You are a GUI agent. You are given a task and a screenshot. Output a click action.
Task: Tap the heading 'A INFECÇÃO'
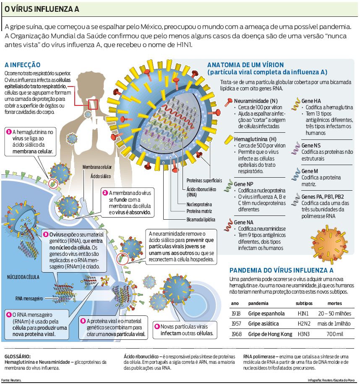[x=22, y=65]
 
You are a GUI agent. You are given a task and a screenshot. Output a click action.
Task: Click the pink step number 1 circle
[x=8, y=132]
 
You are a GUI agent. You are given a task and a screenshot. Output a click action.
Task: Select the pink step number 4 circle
[x=8, y=314]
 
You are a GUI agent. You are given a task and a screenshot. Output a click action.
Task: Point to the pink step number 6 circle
[x=157, y=326]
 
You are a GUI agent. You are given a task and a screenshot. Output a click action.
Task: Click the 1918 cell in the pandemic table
[x=235, y=313]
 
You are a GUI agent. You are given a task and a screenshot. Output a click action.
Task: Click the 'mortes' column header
[x=334, y=303]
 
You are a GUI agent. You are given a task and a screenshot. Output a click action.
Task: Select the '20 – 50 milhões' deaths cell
[x=334, y=313]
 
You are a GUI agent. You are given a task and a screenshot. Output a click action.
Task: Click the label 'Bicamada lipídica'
[x=201, y=220]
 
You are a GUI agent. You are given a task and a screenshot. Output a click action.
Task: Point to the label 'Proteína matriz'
[x=199, y=212]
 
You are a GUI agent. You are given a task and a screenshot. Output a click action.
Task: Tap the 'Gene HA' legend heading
[x=311, y=101]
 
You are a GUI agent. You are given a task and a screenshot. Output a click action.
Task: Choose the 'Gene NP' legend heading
[x=243, y=184]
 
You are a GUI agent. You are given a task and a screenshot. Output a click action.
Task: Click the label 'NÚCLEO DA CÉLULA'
[x=23, y=278]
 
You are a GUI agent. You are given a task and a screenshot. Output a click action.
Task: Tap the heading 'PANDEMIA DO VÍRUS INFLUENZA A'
[x=282, y=270]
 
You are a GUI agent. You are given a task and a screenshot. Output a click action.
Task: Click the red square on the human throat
[x=93, y=104]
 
